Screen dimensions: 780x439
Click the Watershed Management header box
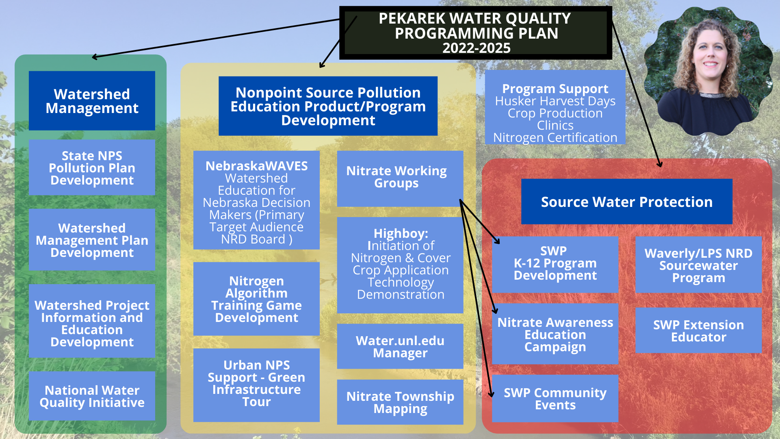click(92, 101)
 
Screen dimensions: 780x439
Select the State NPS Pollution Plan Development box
click(92, 167)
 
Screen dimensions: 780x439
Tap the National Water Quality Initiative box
click(92, 396)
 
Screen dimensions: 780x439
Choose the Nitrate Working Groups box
click(400, 179)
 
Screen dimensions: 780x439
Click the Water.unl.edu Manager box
click(400, 346)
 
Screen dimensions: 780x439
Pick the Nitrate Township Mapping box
click(400, 402)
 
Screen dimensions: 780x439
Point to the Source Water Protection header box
click(627, 202)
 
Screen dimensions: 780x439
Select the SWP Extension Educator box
click(698, 330)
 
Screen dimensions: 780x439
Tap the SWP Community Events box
click(555, 399)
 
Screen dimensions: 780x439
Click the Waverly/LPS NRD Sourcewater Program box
click(698, 265)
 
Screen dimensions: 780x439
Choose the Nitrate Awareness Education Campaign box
click(555, 334)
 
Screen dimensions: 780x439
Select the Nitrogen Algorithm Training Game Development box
click(256, 299)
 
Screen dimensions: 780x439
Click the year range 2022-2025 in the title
click(476, 48)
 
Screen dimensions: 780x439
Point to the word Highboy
click(401, 233)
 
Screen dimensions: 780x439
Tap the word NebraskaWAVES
click(256, 166)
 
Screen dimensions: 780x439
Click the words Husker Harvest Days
click(555, 101)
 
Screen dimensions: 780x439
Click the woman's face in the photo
click(711, 53)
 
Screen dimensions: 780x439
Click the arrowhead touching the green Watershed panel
click(95, 57)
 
